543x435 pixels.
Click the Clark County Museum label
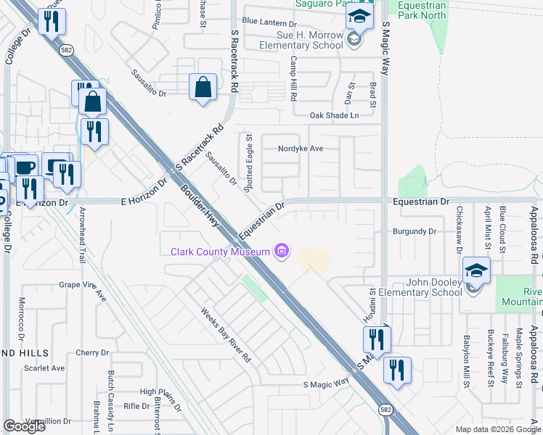[220, 252]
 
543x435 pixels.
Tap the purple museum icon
[282, 252]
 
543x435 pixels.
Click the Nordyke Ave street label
[300, 149]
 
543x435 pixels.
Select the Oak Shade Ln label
[334, 115]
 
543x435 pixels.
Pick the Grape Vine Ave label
[83, 289]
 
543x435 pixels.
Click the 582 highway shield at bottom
[384, 410]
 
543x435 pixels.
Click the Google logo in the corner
[24, 426]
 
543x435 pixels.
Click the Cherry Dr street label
[91, 353]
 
